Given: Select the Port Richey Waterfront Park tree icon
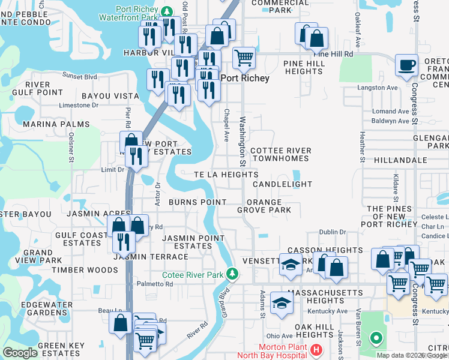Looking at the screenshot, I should click(169, 10).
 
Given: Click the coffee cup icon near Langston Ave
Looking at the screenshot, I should click(406, 65).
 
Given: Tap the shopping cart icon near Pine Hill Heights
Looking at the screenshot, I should click(244, 58).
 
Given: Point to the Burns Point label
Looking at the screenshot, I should click(197, 203).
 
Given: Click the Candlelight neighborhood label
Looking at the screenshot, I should click(283, 184).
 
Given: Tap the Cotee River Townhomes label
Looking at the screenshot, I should click(280, 154).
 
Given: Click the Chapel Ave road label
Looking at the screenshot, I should click(227, 125).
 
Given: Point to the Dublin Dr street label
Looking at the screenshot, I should click(334, 232).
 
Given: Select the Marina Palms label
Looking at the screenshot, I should click(56, 124).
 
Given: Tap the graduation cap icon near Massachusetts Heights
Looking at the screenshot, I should click(281, 302).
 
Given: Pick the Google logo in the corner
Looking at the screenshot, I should click(20, 353).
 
